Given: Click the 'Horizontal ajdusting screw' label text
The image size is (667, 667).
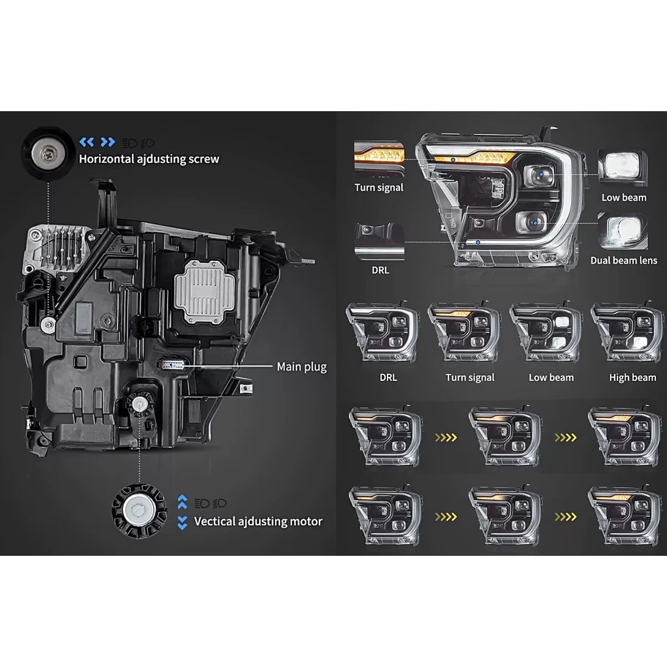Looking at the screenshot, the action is (x=149, y=159).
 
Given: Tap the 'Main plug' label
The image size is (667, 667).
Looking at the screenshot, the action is (x=301, y=367).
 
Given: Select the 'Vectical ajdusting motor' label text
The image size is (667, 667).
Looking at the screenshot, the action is (x=258, y=521).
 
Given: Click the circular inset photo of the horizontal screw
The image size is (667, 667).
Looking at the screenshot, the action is (x=48, y=153).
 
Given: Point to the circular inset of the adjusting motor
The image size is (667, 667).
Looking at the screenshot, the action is (x=139, y=511).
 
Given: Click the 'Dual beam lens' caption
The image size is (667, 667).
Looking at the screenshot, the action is (x=624, y=260).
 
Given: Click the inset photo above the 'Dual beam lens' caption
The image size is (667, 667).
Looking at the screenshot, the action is (x=623, y=231).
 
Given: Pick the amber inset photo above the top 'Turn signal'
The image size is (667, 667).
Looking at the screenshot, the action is (x=379, y=159).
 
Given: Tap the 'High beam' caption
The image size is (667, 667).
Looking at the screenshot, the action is (x=633, y=377).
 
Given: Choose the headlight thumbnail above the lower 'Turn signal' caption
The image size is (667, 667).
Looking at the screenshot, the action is (x=464, y=332).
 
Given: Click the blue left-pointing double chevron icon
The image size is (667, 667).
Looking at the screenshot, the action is (x=87, y=142).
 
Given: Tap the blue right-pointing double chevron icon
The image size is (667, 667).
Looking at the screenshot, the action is (x=108, y=142).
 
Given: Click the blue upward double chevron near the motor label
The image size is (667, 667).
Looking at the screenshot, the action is (x=182, y=501).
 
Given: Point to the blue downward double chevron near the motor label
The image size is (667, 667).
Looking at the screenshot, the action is (x=182, y=523).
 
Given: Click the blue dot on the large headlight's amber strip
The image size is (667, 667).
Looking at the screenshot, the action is (x=453, y=160).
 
